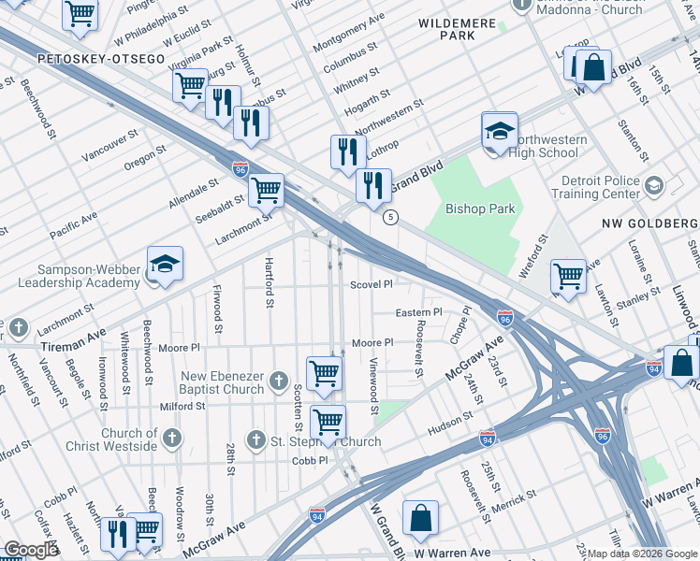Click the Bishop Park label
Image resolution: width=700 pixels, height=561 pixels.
480,209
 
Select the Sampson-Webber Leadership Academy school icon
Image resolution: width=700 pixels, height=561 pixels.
165,266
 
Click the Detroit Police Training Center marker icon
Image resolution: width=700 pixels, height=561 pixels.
653,187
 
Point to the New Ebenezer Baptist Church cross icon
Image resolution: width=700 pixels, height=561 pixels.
278,381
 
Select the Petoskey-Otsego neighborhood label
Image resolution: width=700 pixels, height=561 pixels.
101,59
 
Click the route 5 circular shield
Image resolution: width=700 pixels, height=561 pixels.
391,217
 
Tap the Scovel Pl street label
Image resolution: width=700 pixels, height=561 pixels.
371,284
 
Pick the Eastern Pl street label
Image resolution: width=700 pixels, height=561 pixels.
418,312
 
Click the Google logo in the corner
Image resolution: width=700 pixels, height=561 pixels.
31,550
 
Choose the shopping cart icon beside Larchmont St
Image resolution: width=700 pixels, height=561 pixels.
266,190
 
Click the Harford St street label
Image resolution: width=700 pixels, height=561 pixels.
269,283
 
